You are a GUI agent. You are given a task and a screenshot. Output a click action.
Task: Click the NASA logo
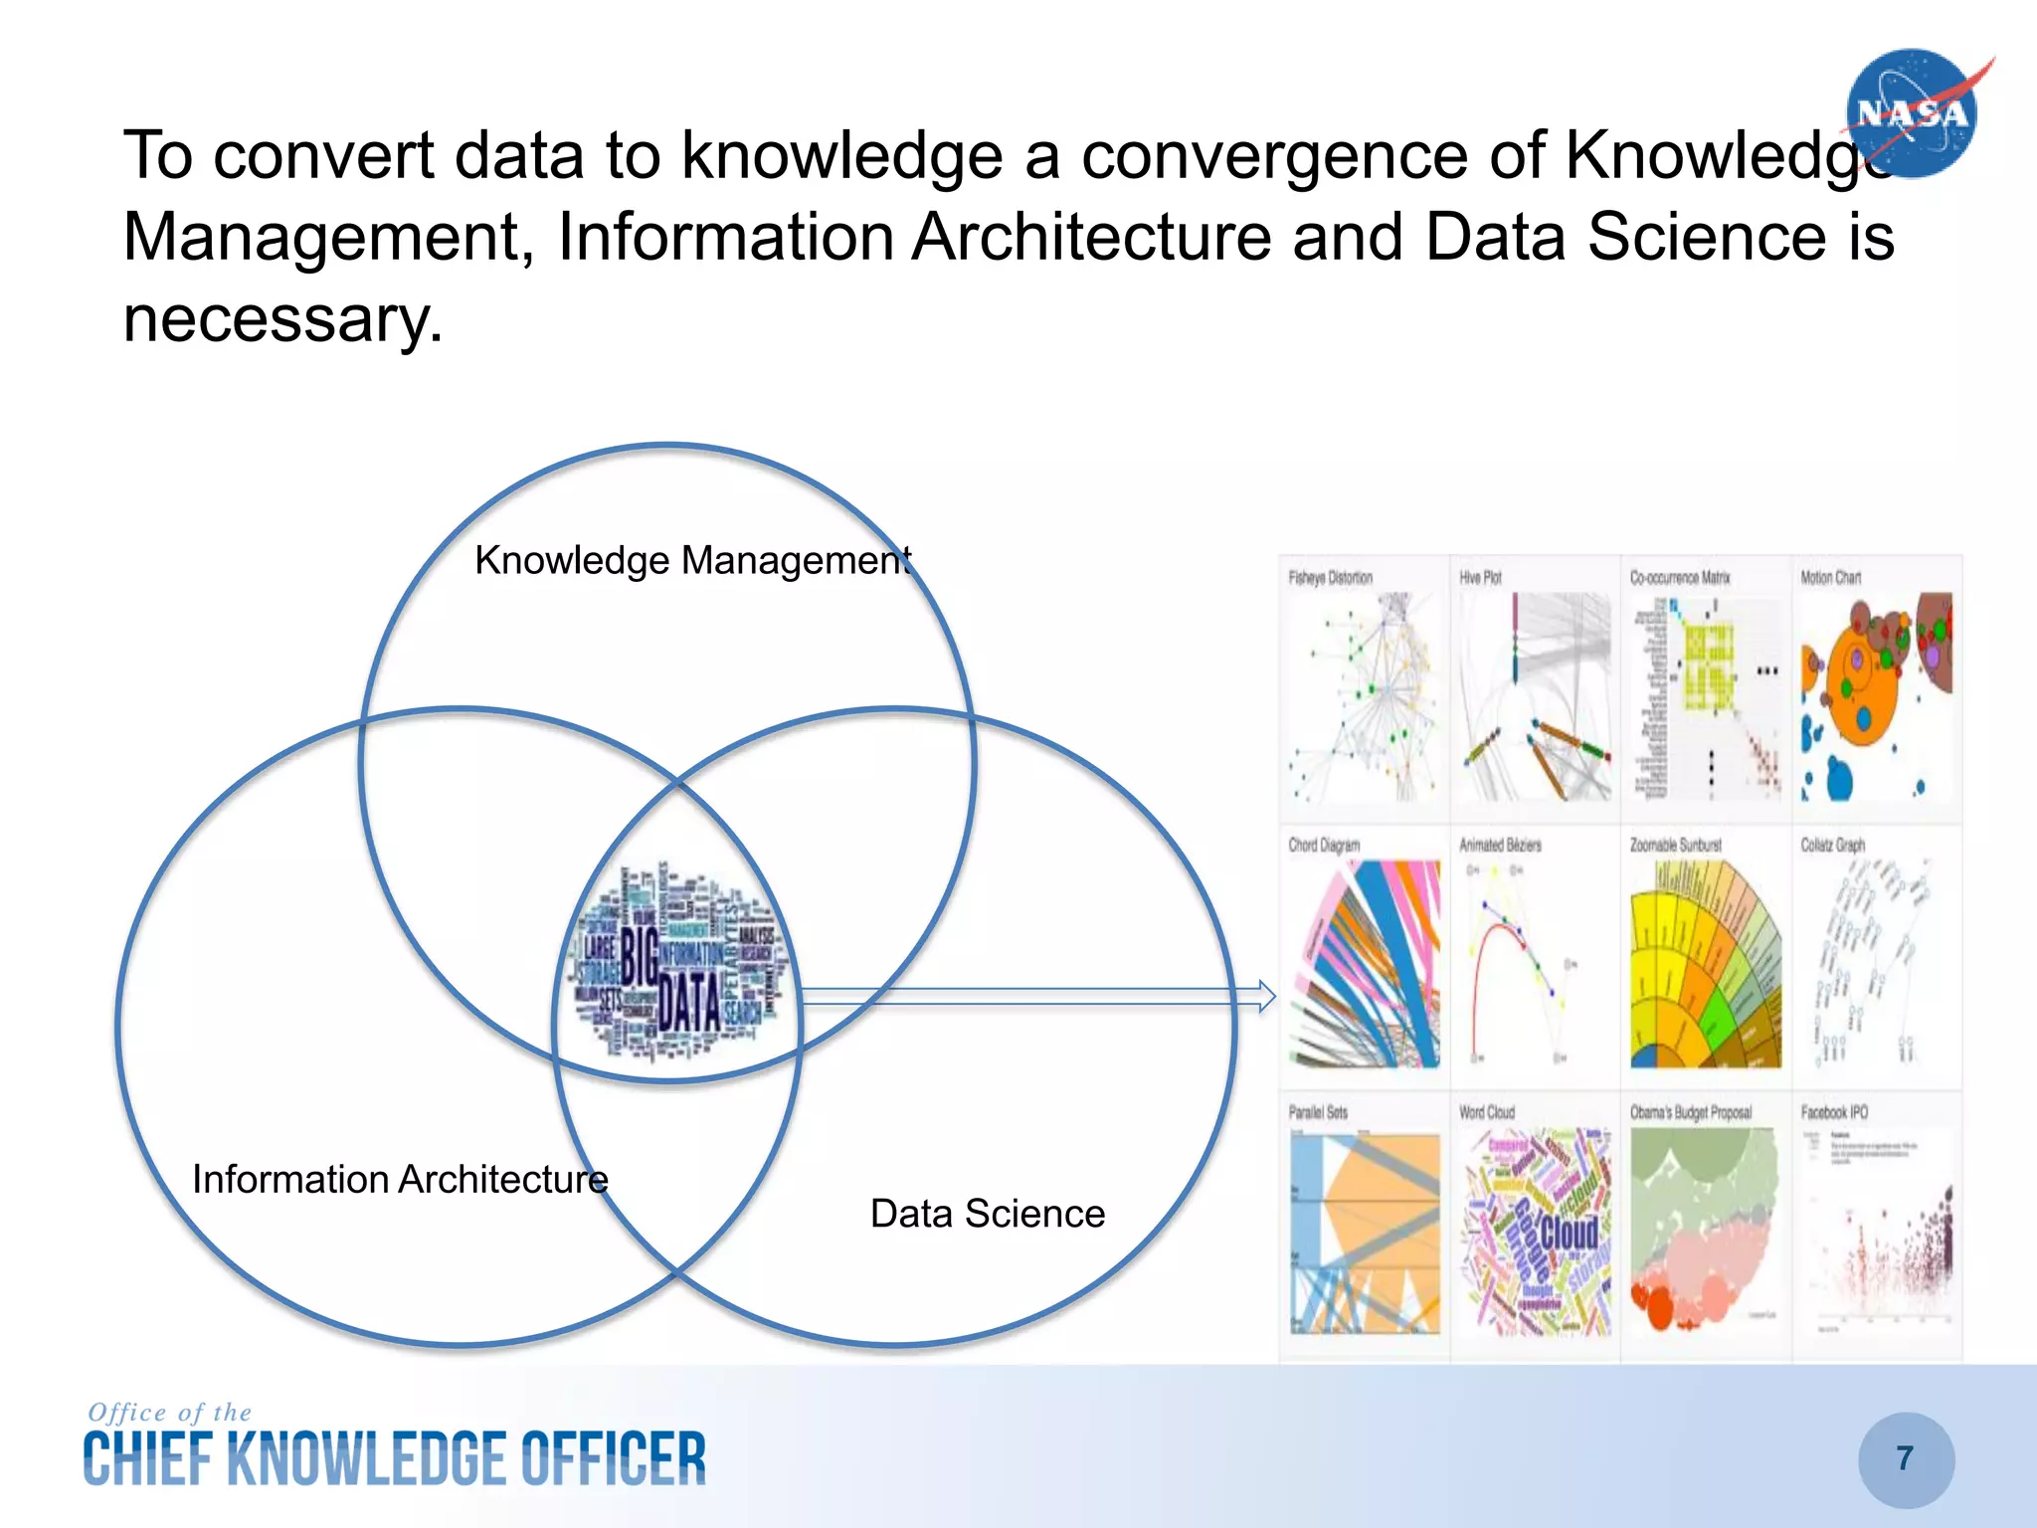tap(1912, 113)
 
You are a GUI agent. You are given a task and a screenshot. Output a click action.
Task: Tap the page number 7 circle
tap(1906, 1458)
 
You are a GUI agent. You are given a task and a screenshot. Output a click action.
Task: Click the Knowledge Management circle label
tap(692, 561)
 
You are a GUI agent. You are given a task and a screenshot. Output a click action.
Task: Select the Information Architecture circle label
tap(400, 1180)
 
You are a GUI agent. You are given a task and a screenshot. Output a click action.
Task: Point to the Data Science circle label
tap(988, 1214)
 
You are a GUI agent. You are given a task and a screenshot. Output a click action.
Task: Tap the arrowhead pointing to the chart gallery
tap(1266, 996)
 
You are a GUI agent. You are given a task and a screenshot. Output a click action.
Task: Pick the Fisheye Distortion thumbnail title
tap(1330, 578)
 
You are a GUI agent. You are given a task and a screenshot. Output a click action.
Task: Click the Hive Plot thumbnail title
tap(1480, 578)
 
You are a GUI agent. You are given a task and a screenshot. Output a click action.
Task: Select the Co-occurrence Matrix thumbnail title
tap(1680, 578)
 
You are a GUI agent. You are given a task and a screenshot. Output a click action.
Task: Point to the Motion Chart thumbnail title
tap(1830, 578)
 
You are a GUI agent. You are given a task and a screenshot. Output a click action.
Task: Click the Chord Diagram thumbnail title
tap(1324, 846)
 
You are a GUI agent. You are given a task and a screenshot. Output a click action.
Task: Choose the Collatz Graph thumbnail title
tap(1833, 846)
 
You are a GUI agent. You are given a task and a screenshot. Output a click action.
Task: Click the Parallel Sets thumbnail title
tap(1318, 1112)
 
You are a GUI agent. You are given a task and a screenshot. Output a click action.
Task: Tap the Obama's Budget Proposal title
tap(1691, 1112)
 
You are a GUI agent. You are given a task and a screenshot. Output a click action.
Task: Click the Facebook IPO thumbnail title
tap(1834, 1112)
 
